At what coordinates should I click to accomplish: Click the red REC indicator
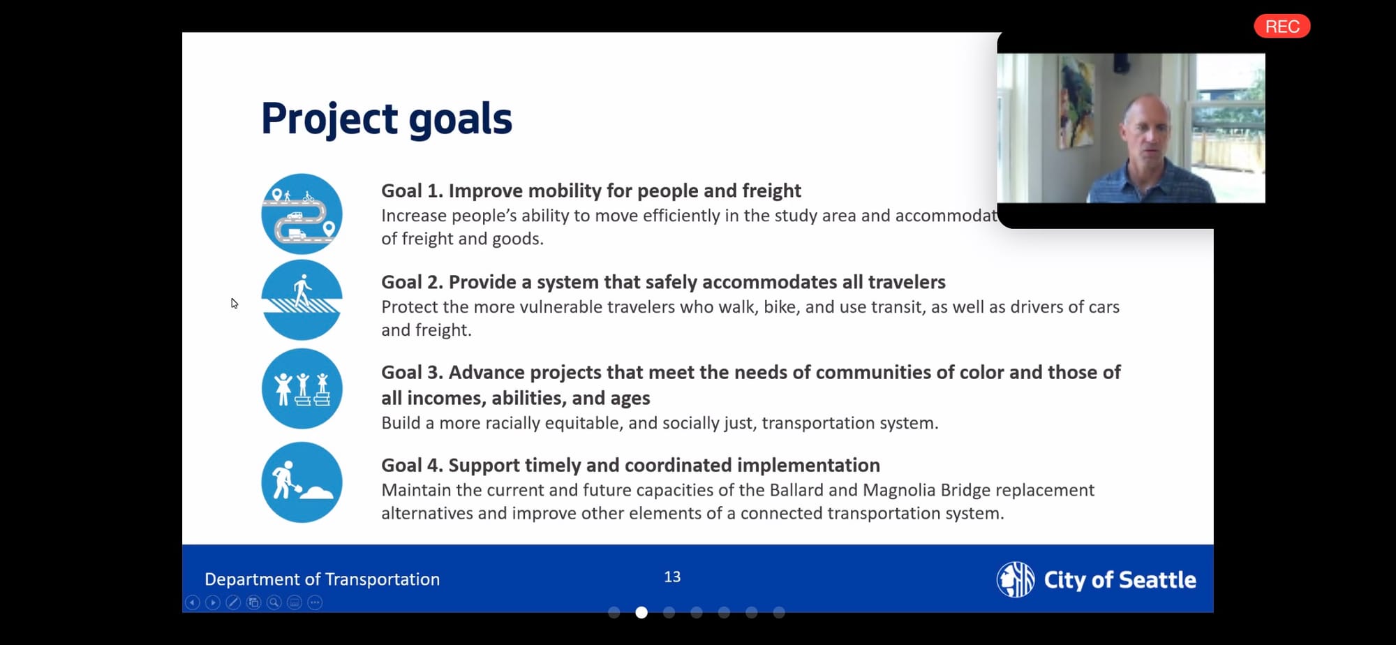point(1282,27)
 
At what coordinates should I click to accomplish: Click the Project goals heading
point(387,119)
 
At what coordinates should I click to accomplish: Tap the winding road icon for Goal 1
point(302,214)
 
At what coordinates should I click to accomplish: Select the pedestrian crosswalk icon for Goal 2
point(302,300)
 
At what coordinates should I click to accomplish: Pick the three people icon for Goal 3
point(302,389)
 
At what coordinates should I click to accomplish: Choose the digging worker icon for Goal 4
point(302,482)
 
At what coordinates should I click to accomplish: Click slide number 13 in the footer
point(672,577)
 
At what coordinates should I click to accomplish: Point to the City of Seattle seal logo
point(1016,579)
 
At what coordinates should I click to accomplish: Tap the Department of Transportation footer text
point(322,579)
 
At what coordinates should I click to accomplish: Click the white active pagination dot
point(641,613)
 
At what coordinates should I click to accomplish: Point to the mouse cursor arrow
point(235,303)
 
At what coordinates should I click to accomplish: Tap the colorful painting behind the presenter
point(1076,101)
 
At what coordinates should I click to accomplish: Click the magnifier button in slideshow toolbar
point(274,602)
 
